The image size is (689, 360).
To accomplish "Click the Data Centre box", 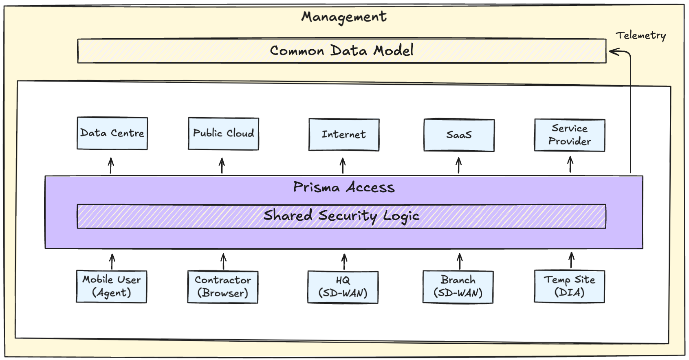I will [112, 133].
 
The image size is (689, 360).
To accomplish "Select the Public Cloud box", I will [223, 134].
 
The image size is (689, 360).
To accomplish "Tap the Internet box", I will [344, 134].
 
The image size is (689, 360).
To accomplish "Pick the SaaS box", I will [459, 135].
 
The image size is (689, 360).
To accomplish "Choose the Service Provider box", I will [570, 135].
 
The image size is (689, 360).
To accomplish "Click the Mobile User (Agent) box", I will [112, 286].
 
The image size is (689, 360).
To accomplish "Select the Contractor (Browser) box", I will [223, 287].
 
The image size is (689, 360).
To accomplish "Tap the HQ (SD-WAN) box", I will [343, 287].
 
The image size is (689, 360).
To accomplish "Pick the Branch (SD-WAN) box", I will [458, 287].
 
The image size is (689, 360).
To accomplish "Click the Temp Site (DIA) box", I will [569, 287].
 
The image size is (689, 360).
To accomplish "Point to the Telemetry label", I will [641, 35].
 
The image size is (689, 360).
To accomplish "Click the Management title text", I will [344, 17].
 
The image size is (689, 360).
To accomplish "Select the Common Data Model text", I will [341, 50].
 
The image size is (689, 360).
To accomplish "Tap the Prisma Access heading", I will [344, 187].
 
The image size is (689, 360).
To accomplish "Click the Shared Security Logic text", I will [341, 216].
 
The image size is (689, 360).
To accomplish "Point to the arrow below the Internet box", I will [343, 166].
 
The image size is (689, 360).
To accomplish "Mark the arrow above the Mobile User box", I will [112, 261].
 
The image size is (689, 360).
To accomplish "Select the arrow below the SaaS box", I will [459, 165].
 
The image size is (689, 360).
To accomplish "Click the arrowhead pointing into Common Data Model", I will [614, 52].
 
